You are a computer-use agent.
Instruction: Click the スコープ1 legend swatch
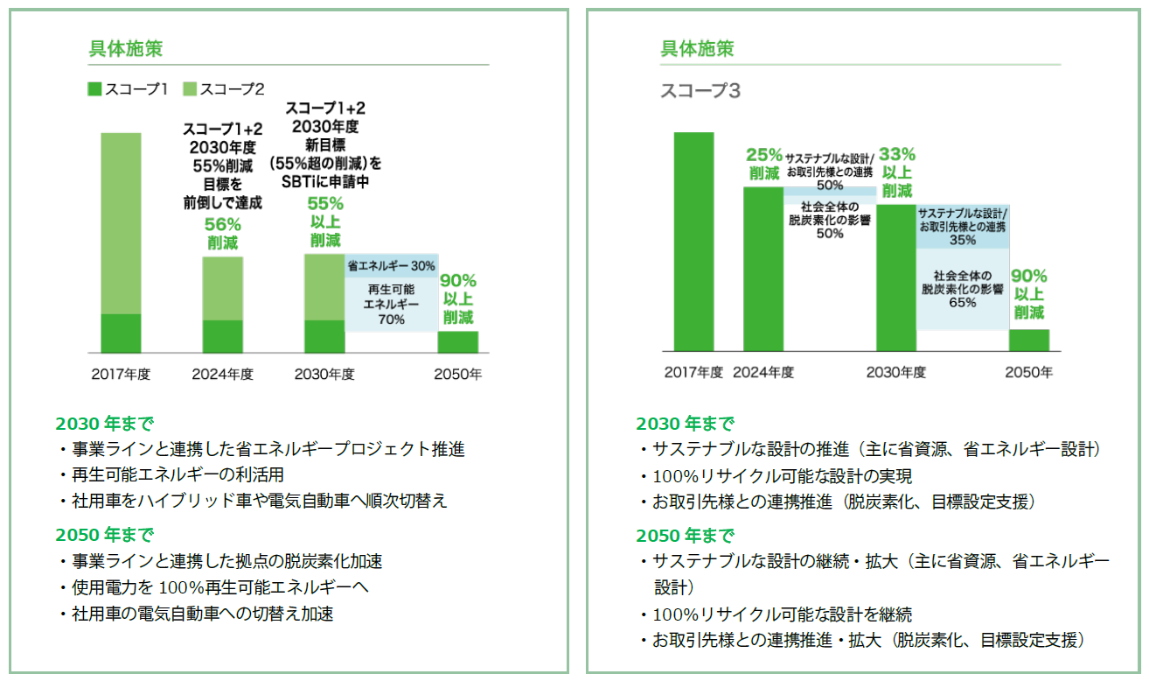tap(94, 88)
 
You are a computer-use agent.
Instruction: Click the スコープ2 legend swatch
tap(189, 88)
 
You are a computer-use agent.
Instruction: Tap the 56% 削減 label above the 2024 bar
tap(223, 234)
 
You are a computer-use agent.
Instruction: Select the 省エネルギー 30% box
tap(391, 265)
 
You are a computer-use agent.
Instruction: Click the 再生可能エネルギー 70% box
tap(391, 304)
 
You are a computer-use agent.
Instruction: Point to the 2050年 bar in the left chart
tap(458, 341)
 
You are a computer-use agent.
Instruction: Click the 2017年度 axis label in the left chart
tap(121, 375)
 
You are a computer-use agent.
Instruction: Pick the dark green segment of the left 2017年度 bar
tap(121, 333)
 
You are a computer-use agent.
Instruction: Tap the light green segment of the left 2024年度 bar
tap(222, 288)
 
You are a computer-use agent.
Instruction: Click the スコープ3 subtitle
tap(700, 91)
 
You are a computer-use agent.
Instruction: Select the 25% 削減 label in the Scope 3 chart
tap(763, 163)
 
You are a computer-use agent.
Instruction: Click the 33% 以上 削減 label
tap(896, 172)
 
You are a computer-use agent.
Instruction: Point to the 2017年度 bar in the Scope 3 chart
tap(693, 242)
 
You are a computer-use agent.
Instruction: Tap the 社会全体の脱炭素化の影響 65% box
tap(962, 289)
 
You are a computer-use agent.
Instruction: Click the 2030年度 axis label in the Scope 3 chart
tap(896, 373)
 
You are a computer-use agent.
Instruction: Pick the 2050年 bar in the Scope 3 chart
tap(1029, 340)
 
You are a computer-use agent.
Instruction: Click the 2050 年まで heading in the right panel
tap(685, 536)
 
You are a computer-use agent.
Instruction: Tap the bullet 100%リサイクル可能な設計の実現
tap(783, 477)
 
